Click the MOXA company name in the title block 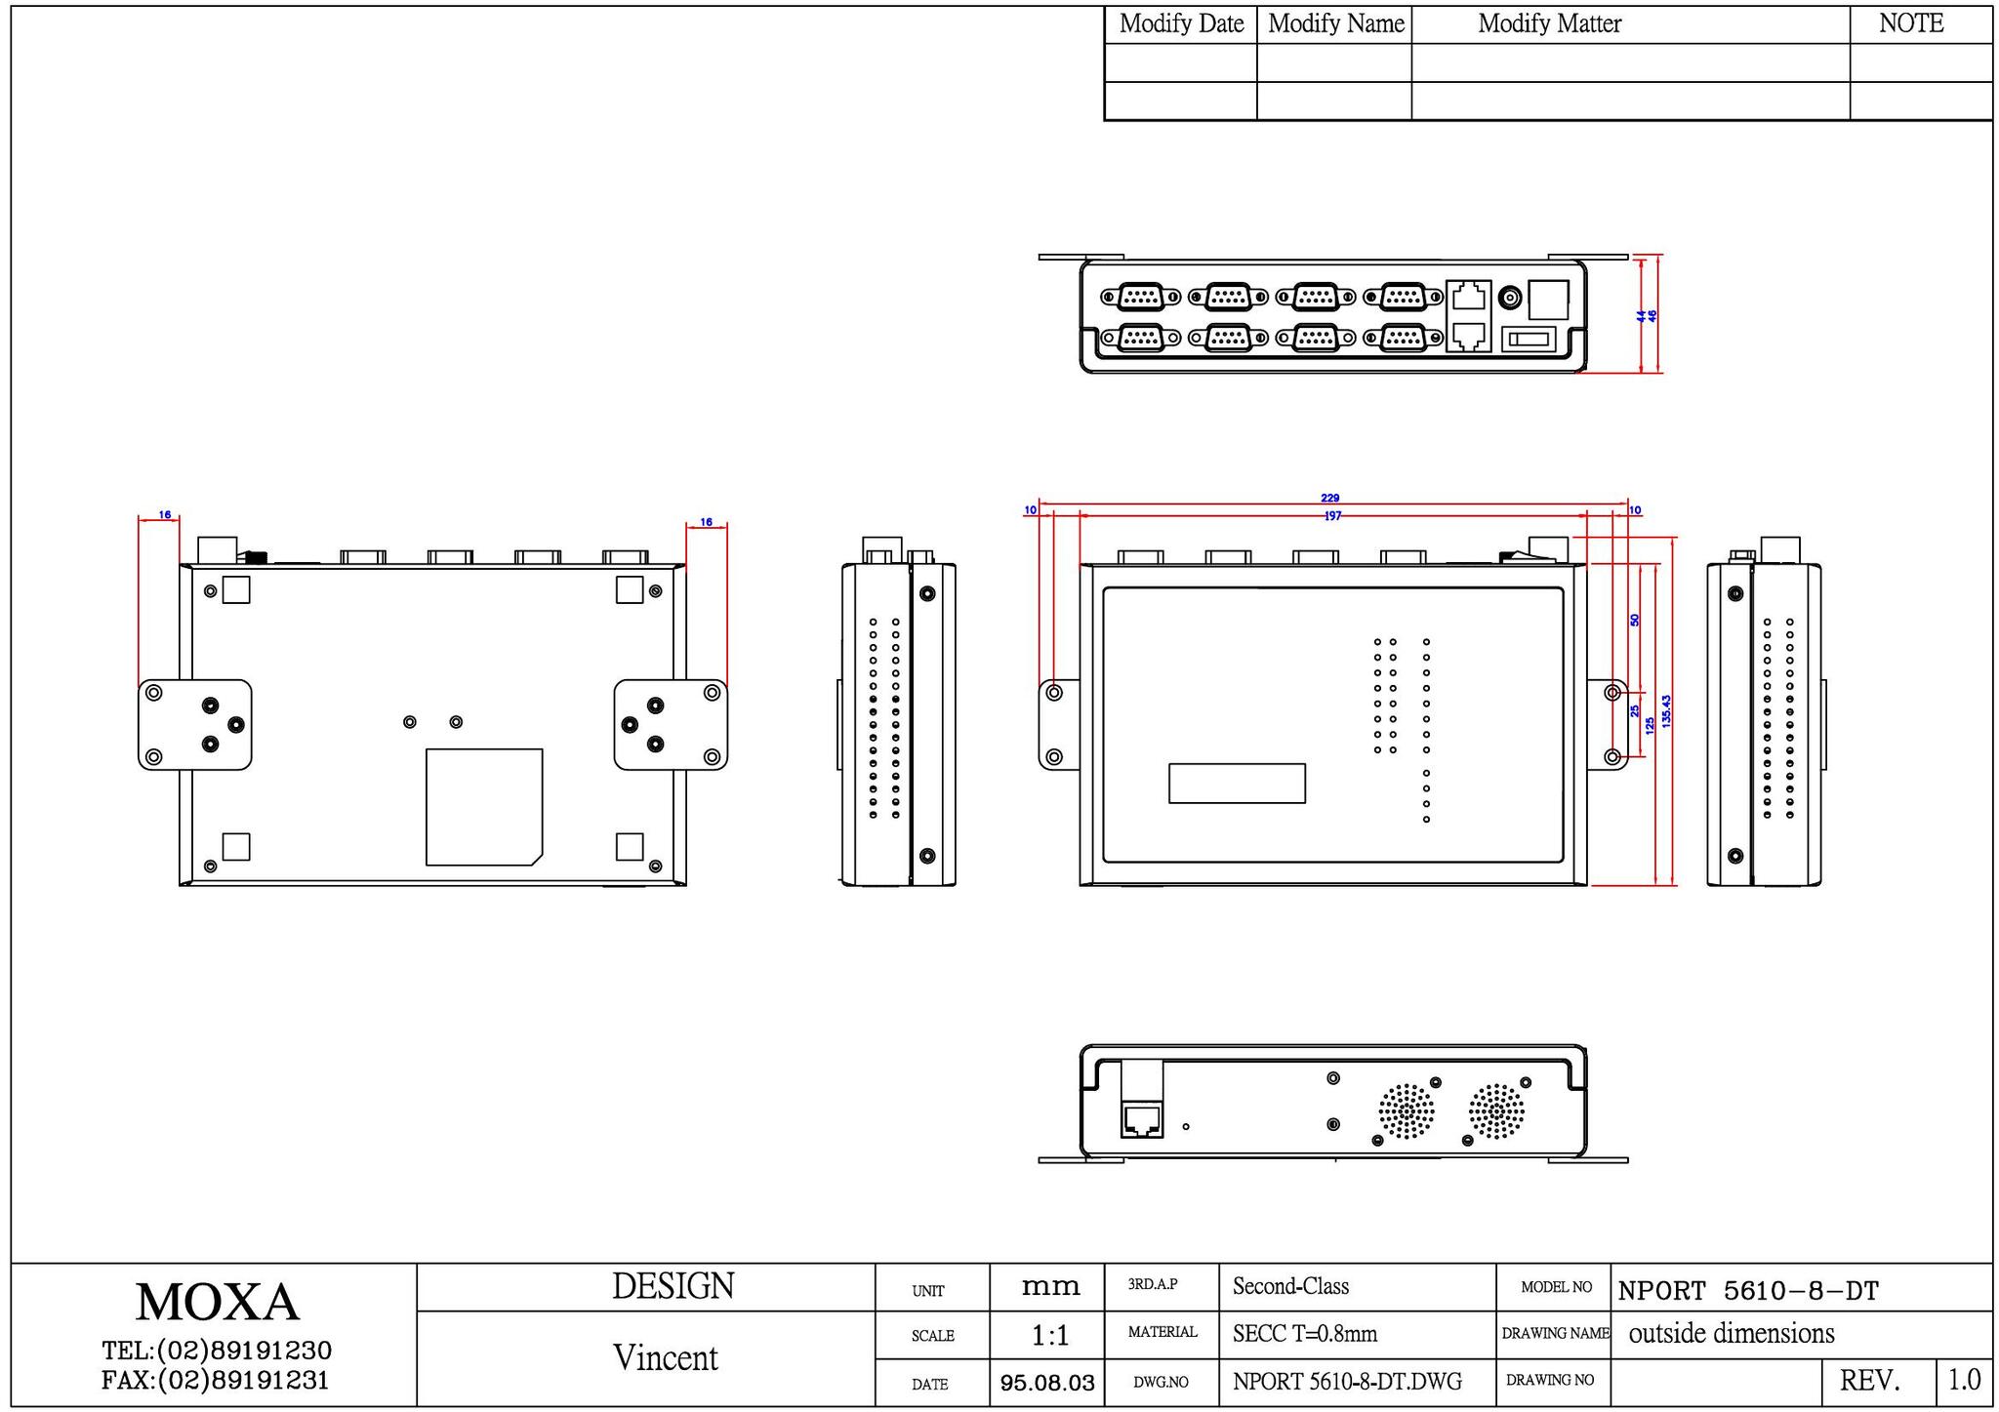(x=217, y=1302)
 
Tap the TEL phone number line (x=217, y=1351)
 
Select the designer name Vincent (x=665, y=1357)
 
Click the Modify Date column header (x=1181, y=23)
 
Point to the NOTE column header (x=1911, y=23)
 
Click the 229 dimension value (x=1329, y=499)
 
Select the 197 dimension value (x=1332, y=516)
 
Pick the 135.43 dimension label (x=1666, y=711)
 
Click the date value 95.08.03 (x=1047, y=1383)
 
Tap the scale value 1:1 (x=1049, y=1335)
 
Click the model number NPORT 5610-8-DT (x=1748, y=1291)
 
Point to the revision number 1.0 (x=1964, y=1380)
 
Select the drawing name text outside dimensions (x=1732, y=1333)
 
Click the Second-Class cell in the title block (x=1290, y=1286)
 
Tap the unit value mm (x=1050, y=1287)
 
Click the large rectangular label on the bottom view (x=484, y=807)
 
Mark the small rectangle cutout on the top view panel (x=1237, y=784)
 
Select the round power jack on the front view (x=1510, y=298)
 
